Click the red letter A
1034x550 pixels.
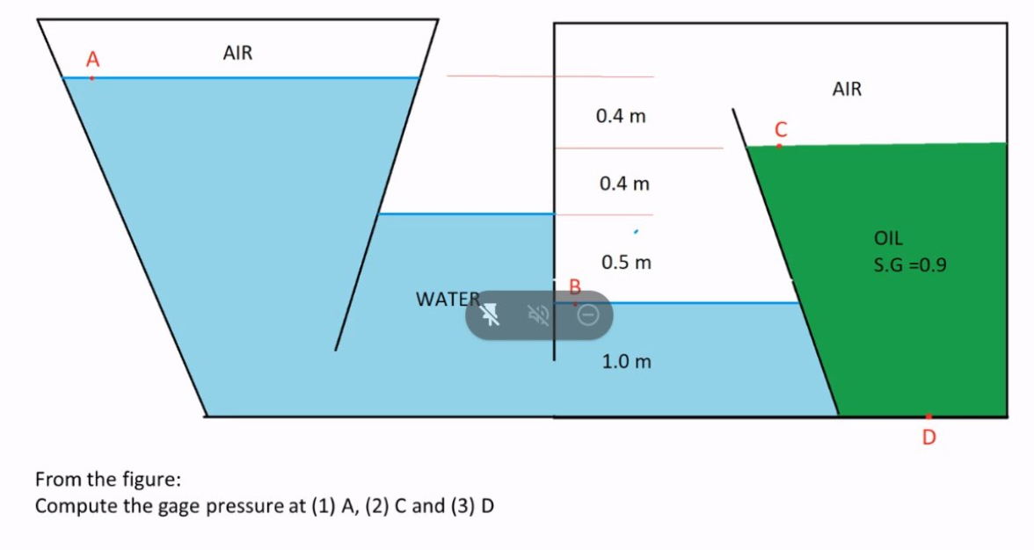click(92, 60)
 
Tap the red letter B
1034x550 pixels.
click(576, 286)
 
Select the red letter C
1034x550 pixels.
click(779, 128)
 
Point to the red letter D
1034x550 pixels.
click(929, 436)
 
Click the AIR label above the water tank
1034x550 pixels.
click(237, 54)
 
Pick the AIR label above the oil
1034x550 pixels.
click(847, 89)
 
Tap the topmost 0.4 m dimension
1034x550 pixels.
click(621, 116)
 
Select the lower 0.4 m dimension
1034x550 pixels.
click(623, 184)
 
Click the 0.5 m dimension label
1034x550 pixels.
click(626, 263)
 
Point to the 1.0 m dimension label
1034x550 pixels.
click(626, 361)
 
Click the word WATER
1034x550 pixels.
click(448, 299)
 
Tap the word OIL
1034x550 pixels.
click(888, 237)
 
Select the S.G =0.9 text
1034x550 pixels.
click(910, 264)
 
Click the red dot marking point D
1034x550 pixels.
click(928, 416)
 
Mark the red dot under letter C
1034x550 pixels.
click(778, 146)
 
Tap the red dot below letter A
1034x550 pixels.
click(92, 78)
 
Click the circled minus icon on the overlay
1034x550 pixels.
click(589, 315)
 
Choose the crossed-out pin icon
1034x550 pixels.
click(490, 315)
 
